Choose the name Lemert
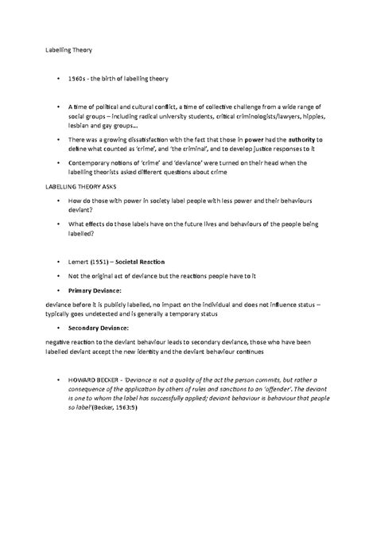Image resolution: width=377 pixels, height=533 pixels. point(79,260)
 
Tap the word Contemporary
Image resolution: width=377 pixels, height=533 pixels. point(93,161)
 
